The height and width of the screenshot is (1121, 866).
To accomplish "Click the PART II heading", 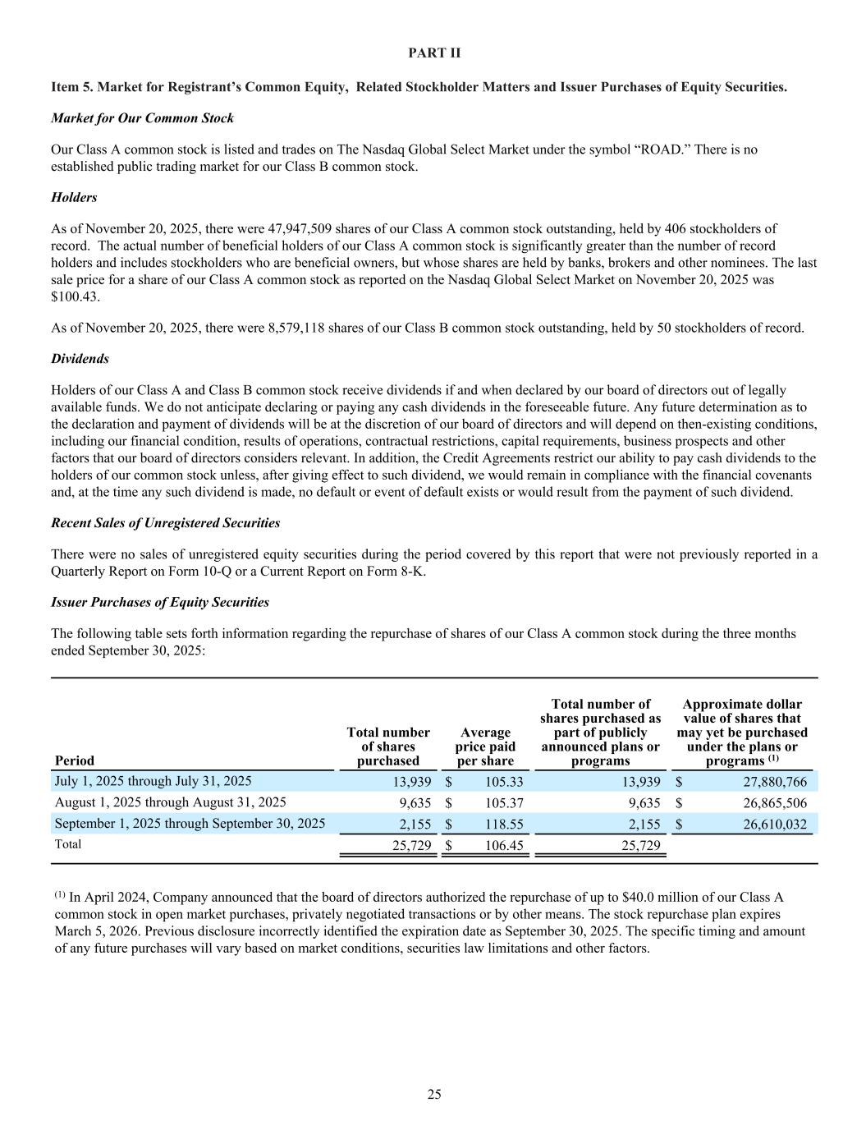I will pyautogui.click(x=434, y=53).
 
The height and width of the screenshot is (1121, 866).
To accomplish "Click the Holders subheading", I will pyautogui.click(x=74, y=197).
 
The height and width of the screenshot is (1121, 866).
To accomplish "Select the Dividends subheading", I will pyautogui.click(x=80, y=359).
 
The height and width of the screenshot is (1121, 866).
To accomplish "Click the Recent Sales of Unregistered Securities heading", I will pyautogui.click(x=165, y=523).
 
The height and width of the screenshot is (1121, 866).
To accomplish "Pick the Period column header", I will pyautogui.click(x=74, y=760).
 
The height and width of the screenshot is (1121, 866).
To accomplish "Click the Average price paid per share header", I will pyautogui.click(x=485, y=747).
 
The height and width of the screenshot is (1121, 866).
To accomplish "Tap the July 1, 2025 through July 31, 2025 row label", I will pyautogui.click(x=153, y=781).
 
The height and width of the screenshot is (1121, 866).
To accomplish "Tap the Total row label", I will pyautogui.click(x=68, y=844).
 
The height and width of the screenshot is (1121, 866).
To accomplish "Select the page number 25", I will pyautogui.click(x=434, y=1094).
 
